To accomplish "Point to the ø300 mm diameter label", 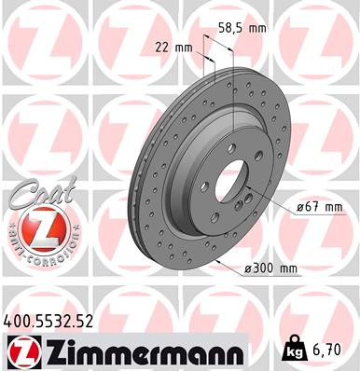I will (271, 269).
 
